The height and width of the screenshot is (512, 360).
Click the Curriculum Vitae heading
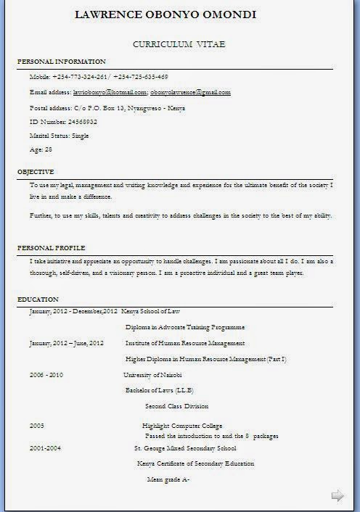179,45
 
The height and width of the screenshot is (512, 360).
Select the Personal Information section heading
62,62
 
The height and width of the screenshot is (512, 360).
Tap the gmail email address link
190,93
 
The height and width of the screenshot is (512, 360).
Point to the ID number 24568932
63,121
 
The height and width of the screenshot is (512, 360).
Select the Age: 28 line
41,149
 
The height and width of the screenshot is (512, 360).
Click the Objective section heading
36,172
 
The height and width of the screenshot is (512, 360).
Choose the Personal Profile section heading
52,247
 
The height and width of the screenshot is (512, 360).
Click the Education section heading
38,300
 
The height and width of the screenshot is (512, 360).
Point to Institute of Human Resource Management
185,343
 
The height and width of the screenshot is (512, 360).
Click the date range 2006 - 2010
46,375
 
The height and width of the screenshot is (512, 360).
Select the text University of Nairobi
152,375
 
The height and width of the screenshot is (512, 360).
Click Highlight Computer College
182,426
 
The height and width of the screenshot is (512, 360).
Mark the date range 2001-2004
45,448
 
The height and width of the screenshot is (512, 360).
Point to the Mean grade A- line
168,479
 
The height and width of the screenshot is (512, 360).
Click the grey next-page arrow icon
337,496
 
